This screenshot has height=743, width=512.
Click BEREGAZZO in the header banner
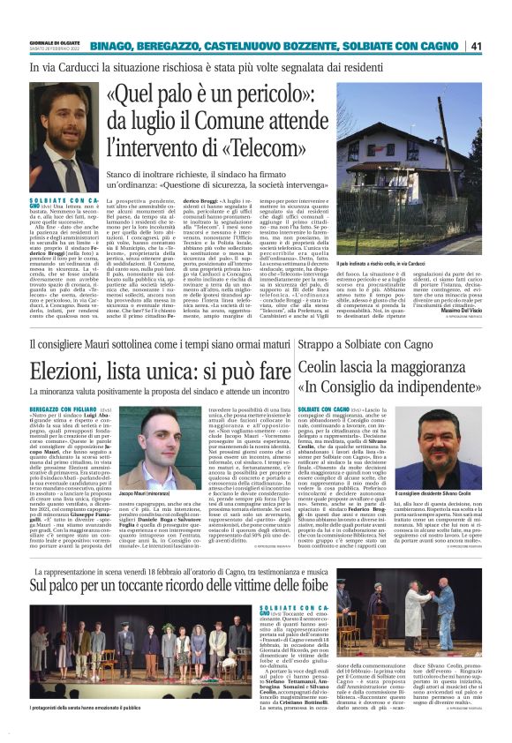(x=147, y=46)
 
